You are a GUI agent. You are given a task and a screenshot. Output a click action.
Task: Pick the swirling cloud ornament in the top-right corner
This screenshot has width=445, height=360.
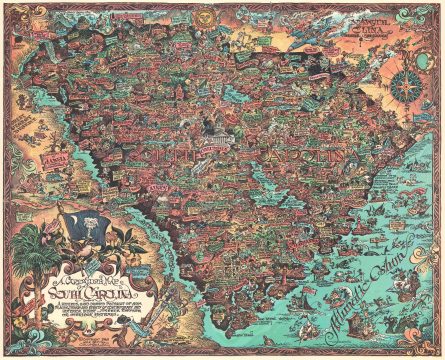(425, 20)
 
